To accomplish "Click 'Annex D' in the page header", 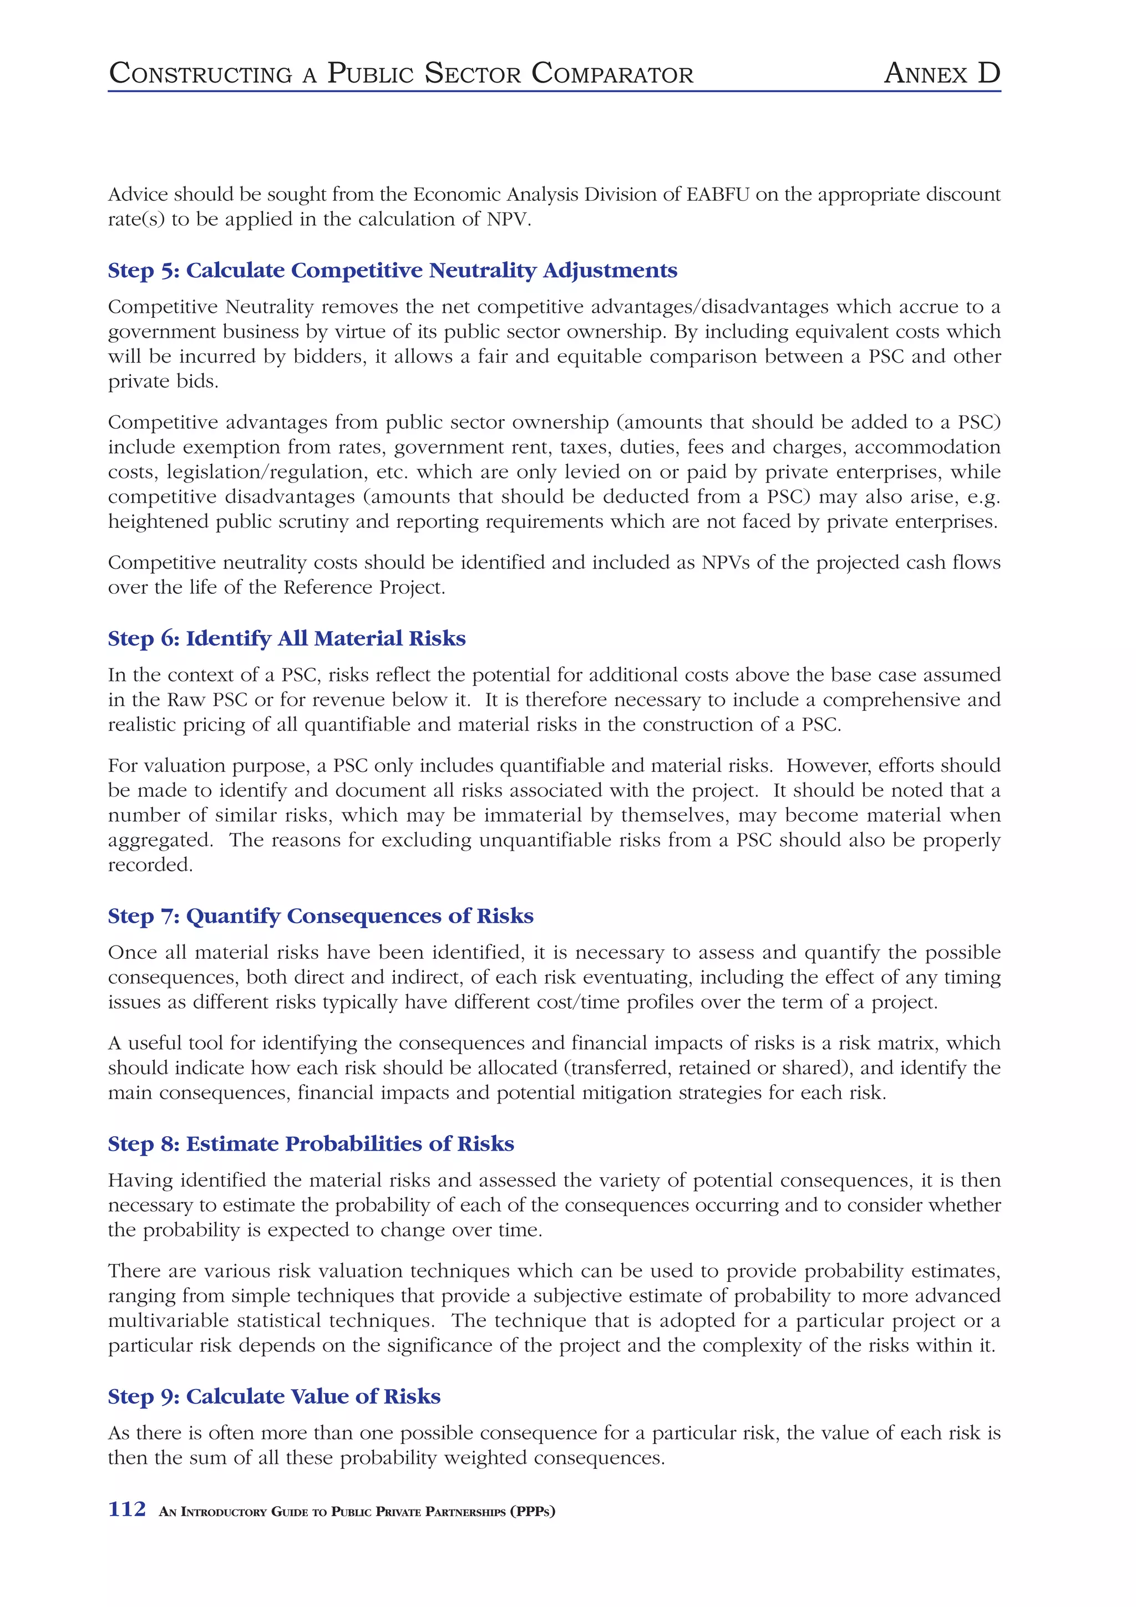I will click(941, 74).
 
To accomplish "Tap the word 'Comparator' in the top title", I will click(612, 74).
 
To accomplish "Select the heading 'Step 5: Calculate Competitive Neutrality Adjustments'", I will click(392, 270).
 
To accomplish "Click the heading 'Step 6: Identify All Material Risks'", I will click(286, 638).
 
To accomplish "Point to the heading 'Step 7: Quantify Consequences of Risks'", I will click(320, 916).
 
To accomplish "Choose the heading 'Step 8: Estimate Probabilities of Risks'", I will click(311, 1143).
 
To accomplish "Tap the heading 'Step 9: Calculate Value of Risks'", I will click(273, 1396).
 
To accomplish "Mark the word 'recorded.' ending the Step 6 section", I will click(150, 865).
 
